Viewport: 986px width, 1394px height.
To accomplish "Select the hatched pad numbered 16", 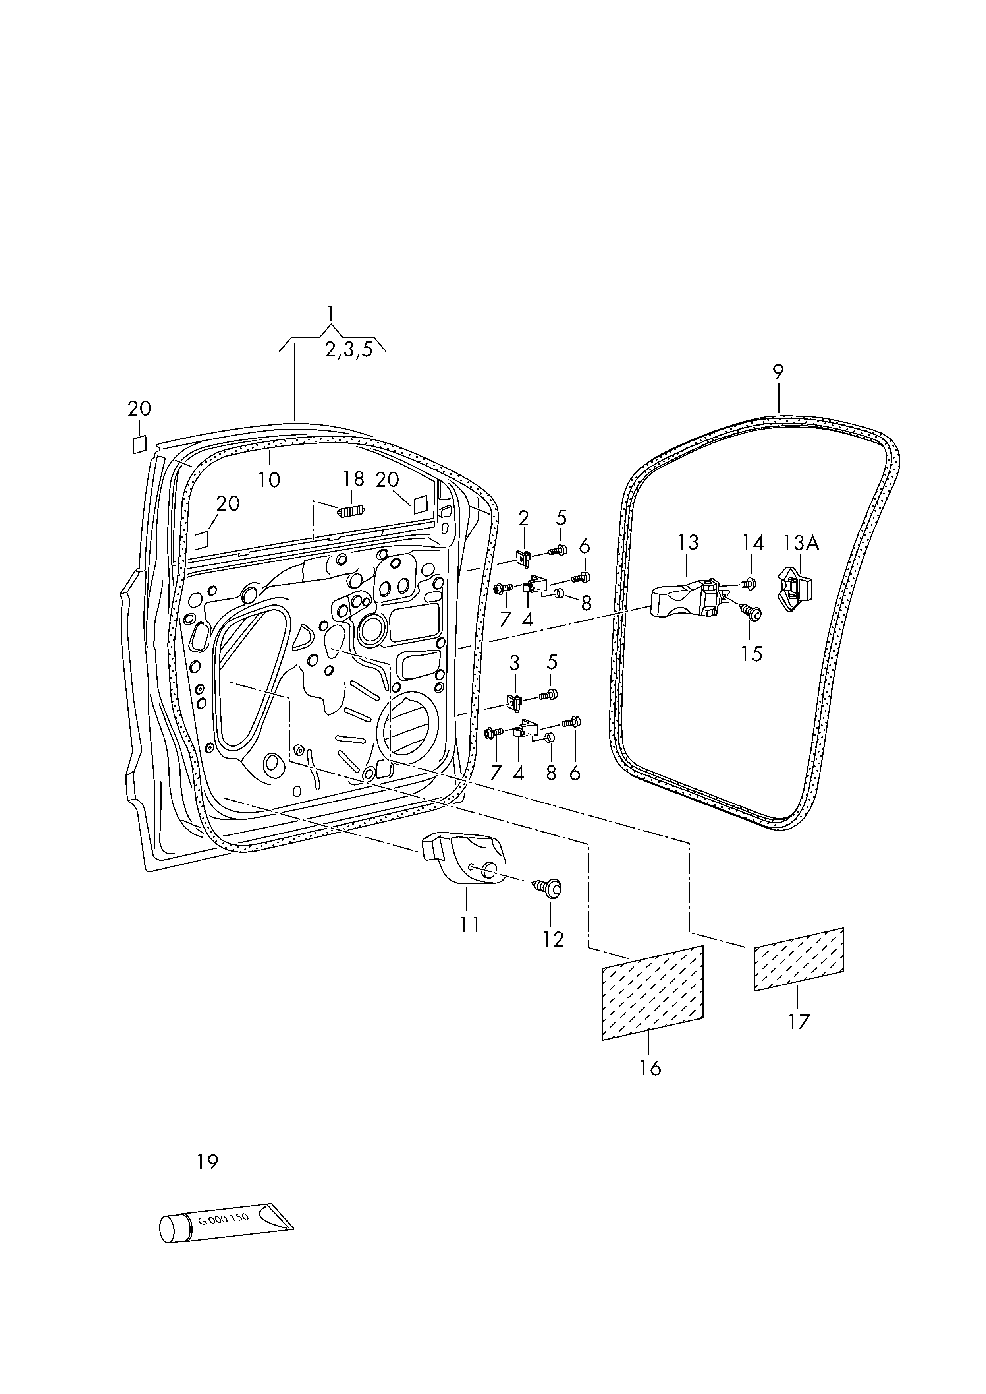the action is coord(653,993).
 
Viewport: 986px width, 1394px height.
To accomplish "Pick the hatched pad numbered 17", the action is coord(799,960).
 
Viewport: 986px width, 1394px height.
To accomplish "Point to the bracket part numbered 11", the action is coord(465,859).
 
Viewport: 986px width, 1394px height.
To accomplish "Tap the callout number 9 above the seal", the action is coord(778,371).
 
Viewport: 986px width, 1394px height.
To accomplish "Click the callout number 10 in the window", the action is coord(269,480).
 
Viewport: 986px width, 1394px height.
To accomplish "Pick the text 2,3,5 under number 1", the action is coord(349,350).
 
